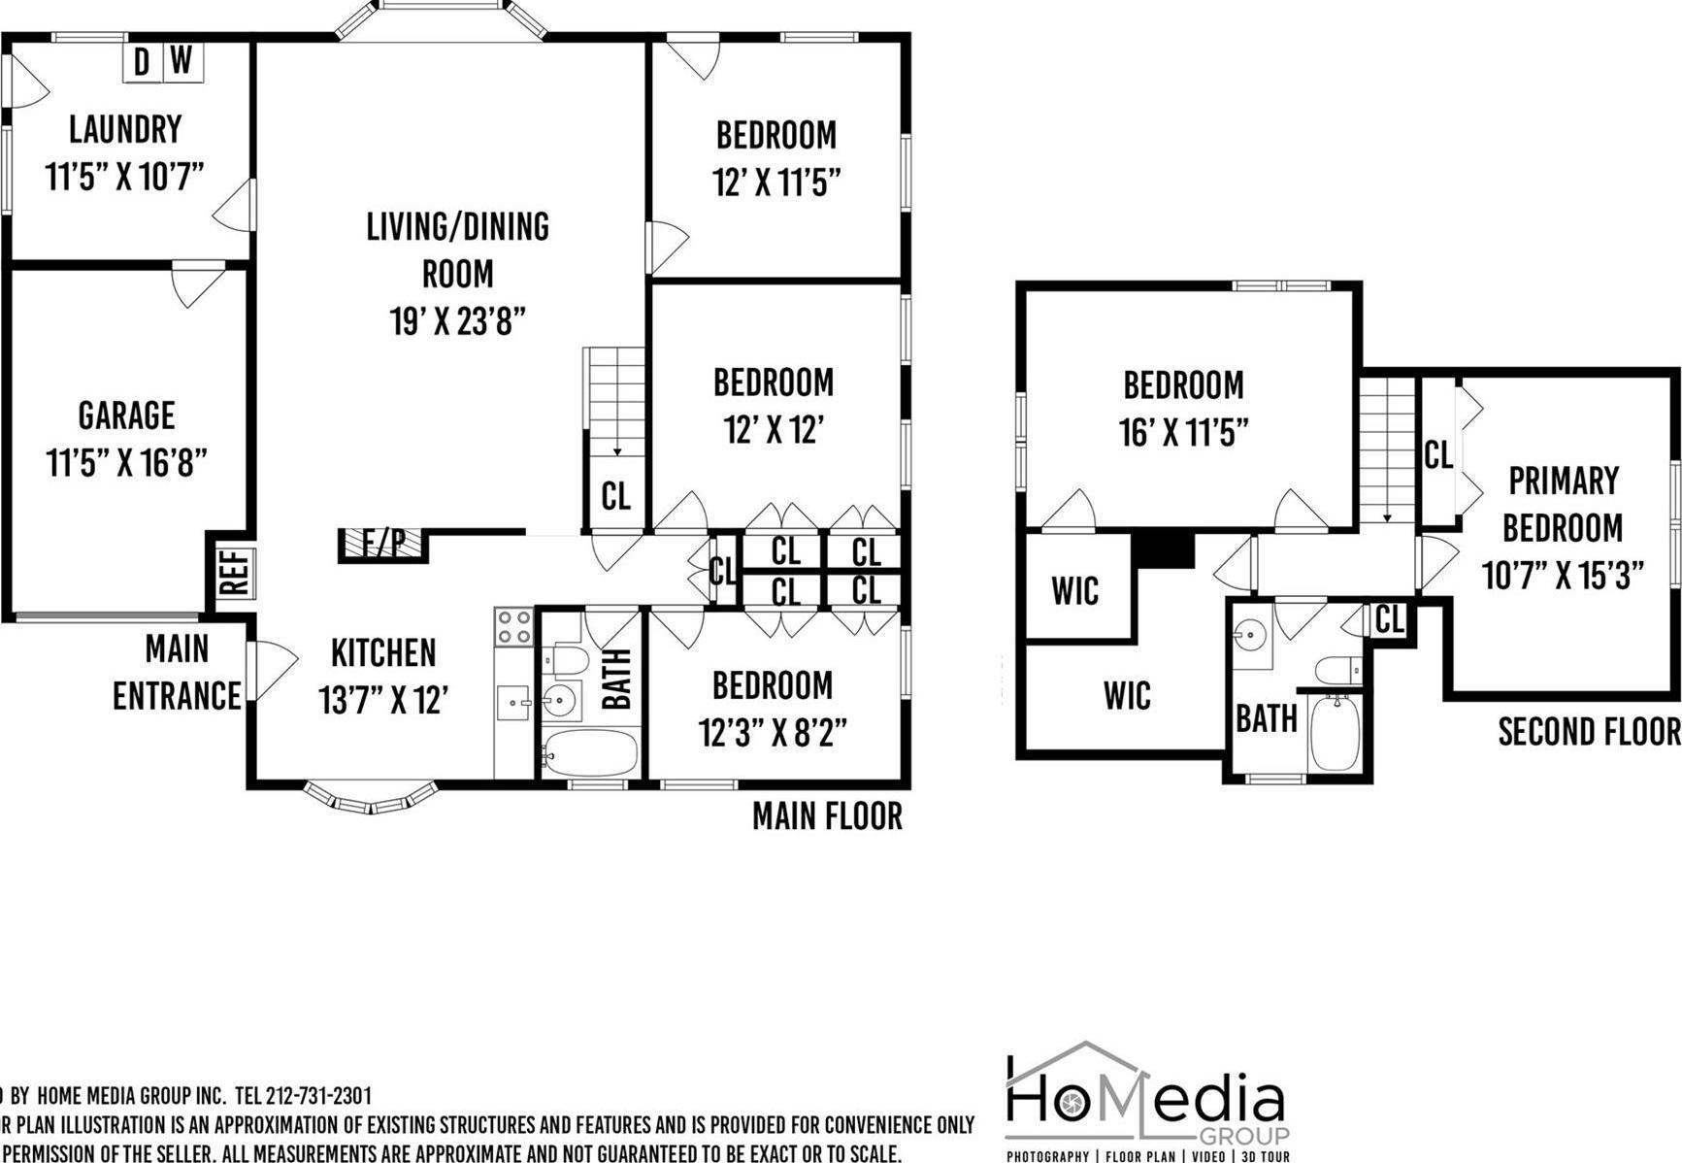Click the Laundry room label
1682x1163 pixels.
coord(125,129)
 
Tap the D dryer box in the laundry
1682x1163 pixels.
coord(142,62)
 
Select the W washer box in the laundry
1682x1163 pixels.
coord(181,60)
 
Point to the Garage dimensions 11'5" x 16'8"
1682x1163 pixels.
coord(127,463)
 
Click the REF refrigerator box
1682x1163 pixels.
coord(236,573)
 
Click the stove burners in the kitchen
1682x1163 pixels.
coord(513,627)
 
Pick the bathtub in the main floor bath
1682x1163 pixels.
coord(589,752)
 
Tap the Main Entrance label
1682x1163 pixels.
coord(177,672)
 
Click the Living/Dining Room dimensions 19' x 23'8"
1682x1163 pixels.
coord(457,320)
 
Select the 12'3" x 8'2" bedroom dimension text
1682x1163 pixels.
coord(773,733)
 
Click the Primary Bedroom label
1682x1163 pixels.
coord(1563,504)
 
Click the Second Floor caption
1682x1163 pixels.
coord(1589,732)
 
